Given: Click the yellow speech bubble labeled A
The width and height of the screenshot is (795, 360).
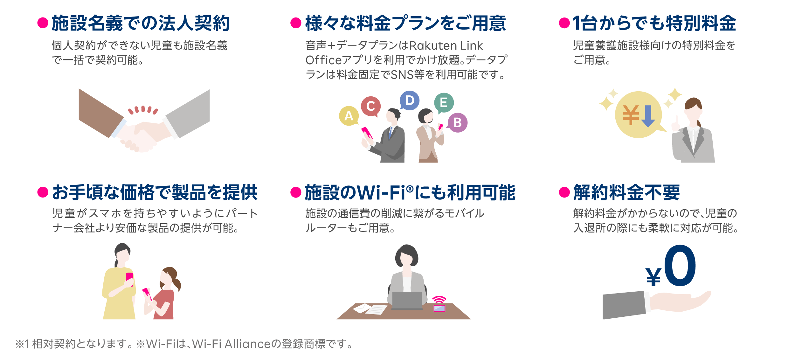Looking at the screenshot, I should click(x=349, y=116).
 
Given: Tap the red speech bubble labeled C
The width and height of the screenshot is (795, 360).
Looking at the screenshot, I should click(x=370, y=106).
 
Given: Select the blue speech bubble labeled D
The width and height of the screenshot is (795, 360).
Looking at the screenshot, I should click(x=410, y=100).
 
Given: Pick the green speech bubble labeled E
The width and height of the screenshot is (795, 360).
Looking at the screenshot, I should click(x=444, y=102).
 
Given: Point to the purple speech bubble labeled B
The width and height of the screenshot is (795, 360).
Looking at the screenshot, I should click(x=458, y=122).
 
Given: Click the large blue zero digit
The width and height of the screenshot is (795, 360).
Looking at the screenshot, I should click(x=680, y=266).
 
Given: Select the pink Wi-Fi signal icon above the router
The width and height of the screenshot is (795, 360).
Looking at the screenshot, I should click(x=439, y=300).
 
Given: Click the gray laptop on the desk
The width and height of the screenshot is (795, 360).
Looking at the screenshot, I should click(x=407, y=300).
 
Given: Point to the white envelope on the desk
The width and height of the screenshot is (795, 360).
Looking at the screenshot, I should click(x=362, y=308).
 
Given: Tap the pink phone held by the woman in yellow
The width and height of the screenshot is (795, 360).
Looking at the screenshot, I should click(x=129, y=278).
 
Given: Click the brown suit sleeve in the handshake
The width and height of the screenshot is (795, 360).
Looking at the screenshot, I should click(x=100, y=113).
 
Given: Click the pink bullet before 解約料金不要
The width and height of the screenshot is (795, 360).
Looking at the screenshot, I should click(x=564, y=192).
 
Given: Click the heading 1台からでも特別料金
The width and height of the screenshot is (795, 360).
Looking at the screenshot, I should click(x=654, y=23).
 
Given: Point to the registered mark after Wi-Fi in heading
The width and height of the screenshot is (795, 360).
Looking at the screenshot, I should click(x=410, y=189).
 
